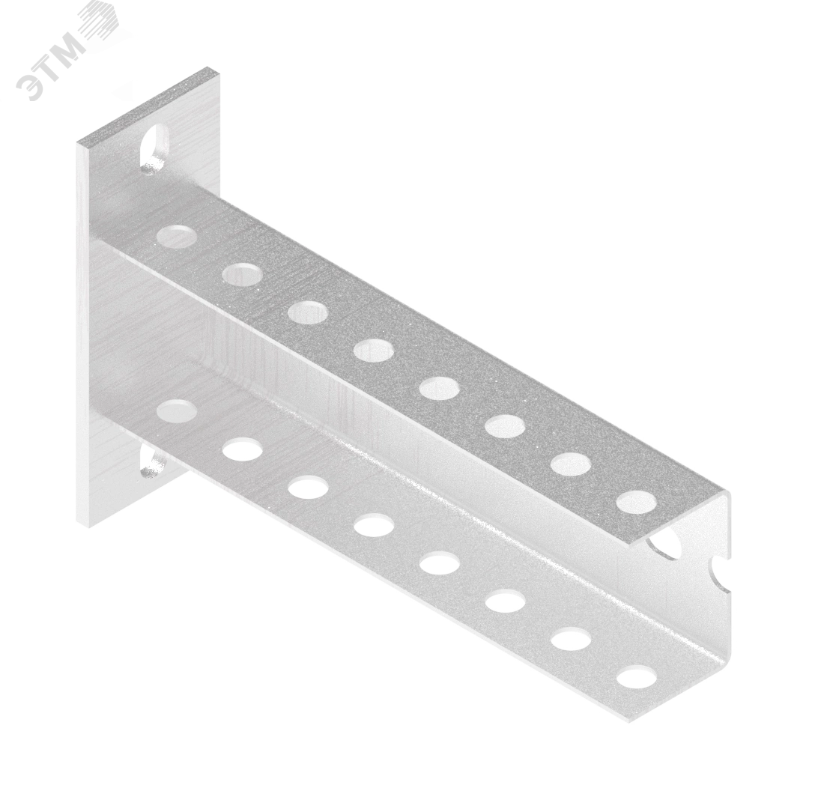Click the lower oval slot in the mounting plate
point(152,464)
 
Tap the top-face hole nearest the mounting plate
point(176,234)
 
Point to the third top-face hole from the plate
point(308,312)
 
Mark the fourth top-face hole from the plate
point(374,350)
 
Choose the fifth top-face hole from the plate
point(440,388)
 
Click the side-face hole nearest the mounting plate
point(176,410)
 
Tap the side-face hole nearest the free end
point(637,679)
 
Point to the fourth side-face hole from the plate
point(374,525)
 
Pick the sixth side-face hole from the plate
point(506,602)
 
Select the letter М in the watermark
point(78,50)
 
